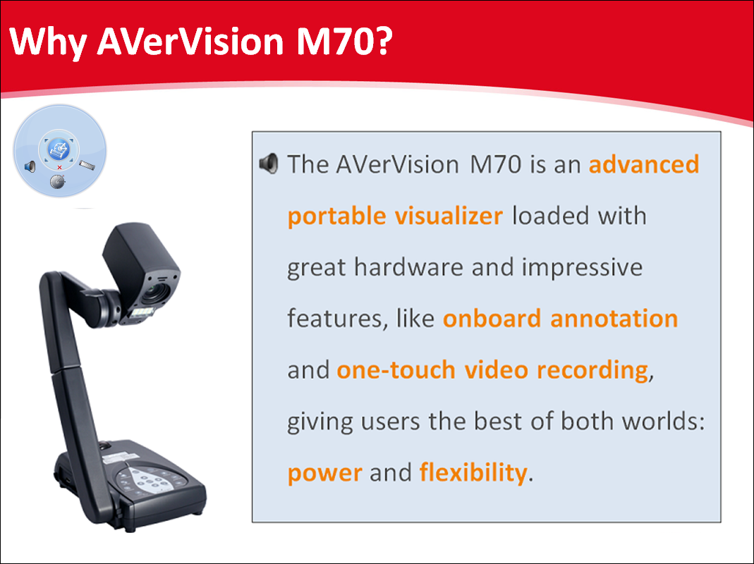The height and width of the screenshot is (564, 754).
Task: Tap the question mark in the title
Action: [x=383, y=40]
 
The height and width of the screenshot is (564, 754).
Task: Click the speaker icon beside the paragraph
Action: [x=268, y=164]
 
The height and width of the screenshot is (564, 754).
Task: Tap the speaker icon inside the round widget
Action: [x=30, y=166]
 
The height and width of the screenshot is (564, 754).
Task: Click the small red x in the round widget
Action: [x=60, y=167]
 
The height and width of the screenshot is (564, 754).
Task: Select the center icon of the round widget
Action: [x=59, y=149]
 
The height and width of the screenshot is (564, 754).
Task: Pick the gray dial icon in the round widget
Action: [x=58, y=182]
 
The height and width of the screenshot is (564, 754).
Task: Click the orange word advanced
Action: [x=644, y=164]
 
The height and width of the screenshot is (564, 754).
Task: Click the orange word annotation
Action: [x=614, y=318]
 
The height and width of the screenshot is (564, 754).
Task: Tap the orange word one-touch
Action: [x=396, y=369]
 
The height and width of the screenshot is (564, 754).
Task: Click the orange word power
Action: [x=325, y=473]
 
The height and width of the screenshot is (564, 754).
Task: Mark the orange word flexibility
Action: [x=473, y=472]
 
